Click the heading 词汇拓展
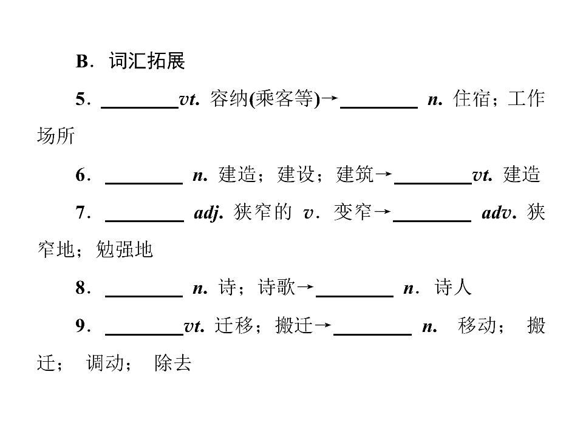tap(147, 61)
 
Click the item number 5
tap(81, 99)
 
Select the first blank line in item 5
tap(140, 108)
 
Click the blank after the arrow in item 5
tap(379, 108)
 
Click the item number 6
tap(81, 175)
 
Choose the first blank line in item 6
tap(144, 183)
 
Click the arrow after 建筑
tap(383, 174)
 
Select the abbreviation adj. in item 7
tap(208, 213)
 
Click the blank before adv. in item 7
tap(432, 221)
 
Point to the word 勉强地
tap(124, 249)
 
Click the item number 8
tap(81, 288)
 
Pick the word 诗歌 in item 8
tap(277, 287)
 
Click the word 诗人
tap(453, 287)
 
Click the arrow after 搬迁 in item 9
tap(322, 325)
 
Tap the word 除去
tap(173, 363)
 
